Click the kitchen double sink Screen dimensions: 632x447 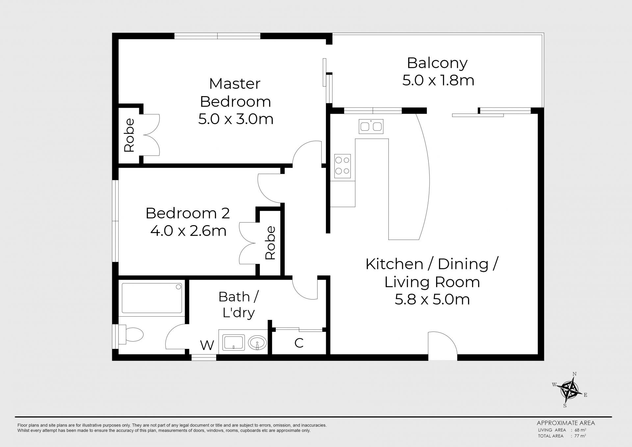point(371,126)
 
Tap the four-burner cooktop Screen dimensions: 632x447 point(342,166)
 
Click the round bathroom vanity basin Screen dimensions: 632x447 point(257,343)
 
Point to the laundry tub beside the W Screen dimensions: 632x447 point(233,343)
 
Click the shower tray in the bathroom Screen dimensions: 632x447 point(152,298)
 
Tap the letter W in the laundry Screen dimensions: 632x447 point(207,345)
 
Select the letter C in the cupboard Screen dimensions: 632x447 point(299,343)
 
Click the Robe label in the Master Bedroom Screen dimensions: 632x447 point(129,135)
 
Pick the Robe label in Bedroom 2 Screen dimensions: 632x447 point(270,243)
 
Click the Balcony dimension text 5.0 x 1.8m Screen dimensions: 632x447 point(438,80)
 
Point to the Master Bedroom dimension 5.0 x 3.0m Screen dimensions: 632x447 point(236,119)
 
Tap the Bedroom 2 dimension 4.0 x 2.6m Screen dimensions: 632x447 point(188,231)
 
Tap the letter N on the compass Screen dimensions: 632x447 point(574,374)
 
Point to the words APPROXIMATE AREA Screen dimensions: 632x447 point(566,423)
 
